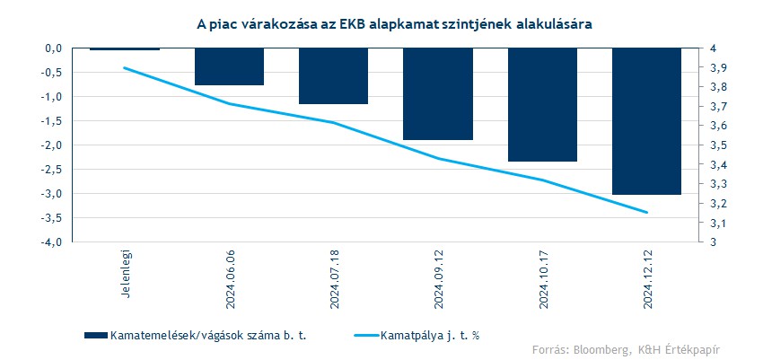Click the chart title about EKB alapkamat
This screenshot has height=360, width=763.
point(381,25)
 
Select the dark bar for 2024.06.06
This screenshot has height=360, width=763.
point(229,66)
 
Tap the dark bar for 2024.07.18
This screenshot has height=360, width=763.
point(333,76)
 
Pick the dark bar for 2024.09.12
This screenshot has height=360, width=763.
point(438,94)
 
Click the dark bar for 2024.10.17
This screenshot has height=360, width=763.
point(542,105)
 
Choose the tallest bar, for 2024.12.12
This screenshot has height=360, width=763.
point(646,121)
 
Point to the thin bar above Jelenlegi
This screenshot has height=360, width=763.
point(125,48)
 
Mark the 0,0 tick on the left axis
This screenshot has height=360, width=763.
point(53,48)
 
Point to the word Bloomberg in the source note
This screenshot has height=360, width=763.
point(606,349)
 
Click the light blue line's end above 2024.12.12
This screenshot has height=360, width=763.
point(646,213)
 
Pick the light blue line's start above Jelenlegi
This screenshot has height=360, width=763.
point(125,67)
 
